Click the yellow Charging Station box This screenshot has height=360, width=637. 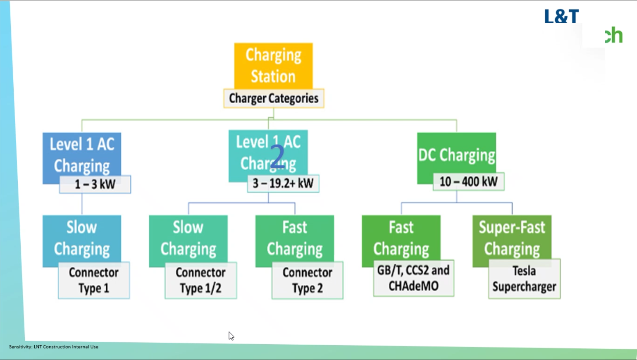pos(273,65)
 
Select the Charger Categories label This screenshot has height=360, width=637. pos(274,98)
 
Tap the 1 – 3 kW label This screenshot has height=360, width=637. pos(95,184)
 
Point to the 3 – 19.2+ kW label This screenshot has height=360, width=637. pos(283,183)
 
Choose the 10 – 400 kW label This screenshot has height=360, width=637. pos(468,181)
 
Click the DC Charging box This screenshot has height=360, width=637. pos(456,155)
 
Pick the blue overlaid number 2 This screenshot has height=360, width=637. pos(277,157)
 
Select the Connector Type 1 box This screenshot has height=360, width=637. pos(94,280)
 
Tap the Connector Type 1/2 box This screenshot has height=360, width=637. pos(200,280)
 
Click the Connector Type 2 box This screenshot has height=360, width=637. pos(307,280)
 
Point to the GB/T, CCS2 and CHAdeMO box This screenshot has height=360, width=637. pos(413,278)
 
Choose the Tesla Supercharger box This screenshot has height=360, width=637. pos(524,279)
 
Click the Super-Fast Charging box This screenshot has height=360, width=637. pos(512,237)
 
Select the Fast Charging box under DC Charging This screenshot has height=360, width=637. pos(401,237)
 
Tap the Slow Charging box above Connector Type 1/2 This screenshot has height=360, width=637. pos(188,238)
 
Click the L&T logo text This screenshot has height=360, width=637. pos(561,17)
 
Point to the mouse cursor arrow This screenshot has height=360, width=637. pos(231,336)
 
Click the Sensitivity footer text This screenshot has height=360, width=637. pos(54,347)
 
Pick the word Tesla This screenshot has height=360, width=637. pos(524,271)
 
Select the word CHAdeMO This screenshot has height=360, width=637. pos(413,286)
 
